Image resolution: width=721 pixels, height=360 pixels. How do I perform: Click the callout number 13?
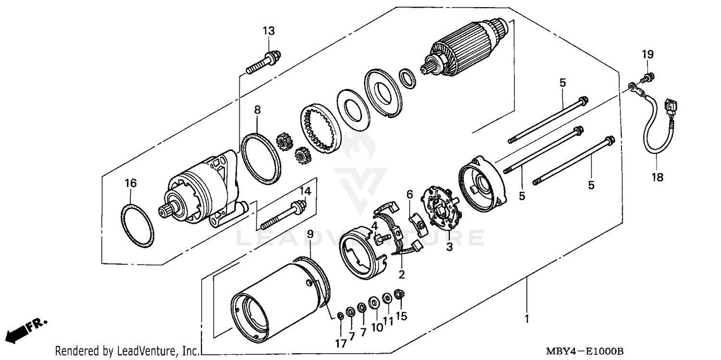click(269, 31)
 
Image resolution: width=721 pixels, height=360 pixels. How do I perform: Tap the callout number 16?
click(131, 183)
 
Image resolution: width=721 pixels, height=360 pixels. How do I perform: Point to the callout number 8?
click(257, 110)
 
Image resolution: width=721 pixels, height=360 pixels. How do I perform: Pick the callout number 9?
click(310, 234)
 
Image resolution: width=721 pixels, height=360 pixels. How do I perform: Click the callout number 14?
click(306, 191)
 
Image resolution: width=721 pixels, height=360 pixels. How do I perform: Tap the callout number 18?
click(657, 177)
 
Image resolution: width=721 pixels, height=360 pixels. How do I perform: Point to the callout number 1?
click(527, 319)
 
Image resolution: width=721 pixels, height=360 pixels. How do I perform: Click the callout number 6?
click(410, 194)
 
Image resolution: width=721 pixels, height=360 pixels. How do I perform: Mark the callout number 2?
click(401, 275)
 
